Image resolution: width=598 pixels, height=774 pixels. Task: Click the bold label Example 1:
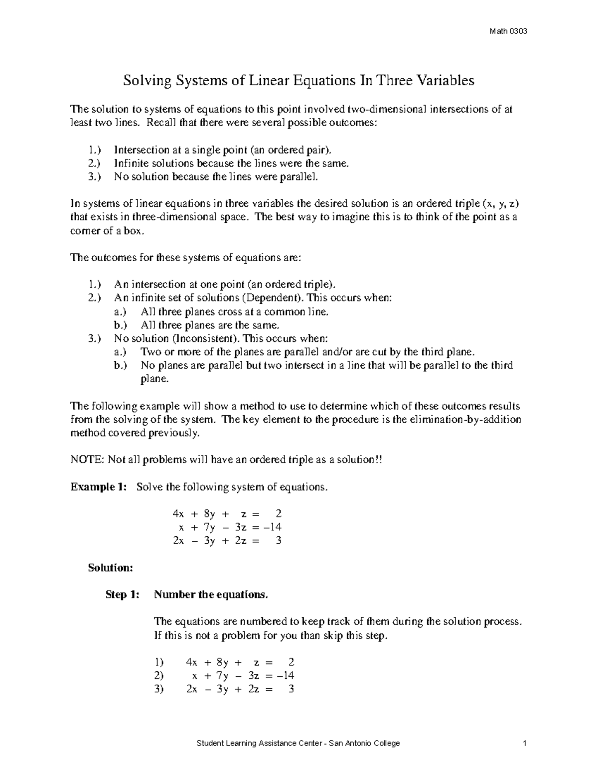(99, 487)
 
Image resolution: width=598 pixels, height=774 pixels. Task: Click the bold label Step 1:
(123, 595)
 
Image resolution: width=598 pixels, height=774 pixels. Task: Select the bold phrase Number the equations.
(211, 595)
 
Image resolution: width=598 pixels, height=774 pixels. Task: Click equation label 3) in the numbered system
(159, 689)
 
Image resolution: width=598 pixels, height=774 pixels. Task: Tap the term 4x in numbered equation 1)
(192, 662)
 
